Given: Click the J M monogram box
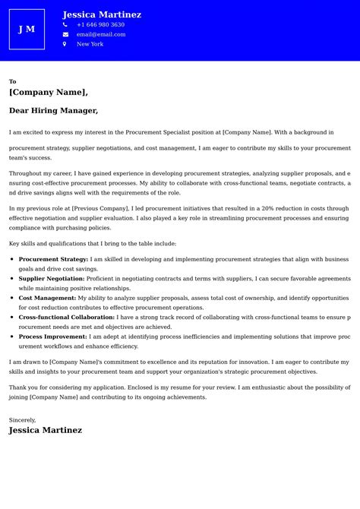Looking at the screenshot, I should [27, 29].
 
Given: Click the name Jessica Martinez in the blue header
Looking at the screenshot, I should [102, 14].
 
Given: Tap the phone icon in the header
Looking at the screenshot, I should [65, 25].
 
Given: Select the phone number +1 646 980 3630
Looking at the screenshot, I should [100, 25].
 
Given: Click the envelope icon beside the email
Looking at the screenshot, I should [65, 34].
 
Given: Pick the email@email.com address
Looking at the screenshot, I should [101, 34].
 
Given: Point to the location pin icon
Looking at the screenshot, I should [65, 44].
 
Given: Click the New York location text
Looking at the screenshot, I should [90, 44].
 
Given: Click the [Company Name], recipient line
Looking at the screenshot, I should [49, 92].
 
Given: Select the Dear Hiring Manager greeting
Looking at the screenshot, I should [53, 110].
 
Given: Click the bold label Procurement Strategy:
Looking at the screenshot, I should [53, 259].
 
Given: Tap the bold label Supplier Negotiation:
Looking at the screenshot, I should [52, 279].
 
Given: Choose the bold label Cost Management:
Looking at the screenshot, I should [47, 298].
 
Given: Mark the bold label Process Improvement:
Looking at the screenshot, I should [52, 336].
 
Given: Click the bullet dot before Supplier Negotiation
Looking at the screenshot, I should [12, 279].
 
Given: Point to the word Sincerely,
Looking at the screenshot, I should [22, 419].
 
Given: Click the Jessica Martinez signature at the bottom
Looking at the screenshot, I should [46, 430].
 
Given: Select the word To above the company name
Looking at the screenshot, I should [12, 81].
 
